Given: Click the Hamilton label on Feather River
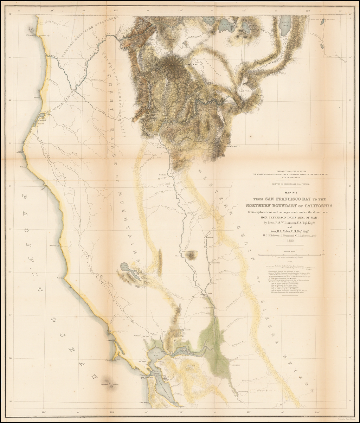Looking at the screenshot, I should (x=211, y=237).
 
